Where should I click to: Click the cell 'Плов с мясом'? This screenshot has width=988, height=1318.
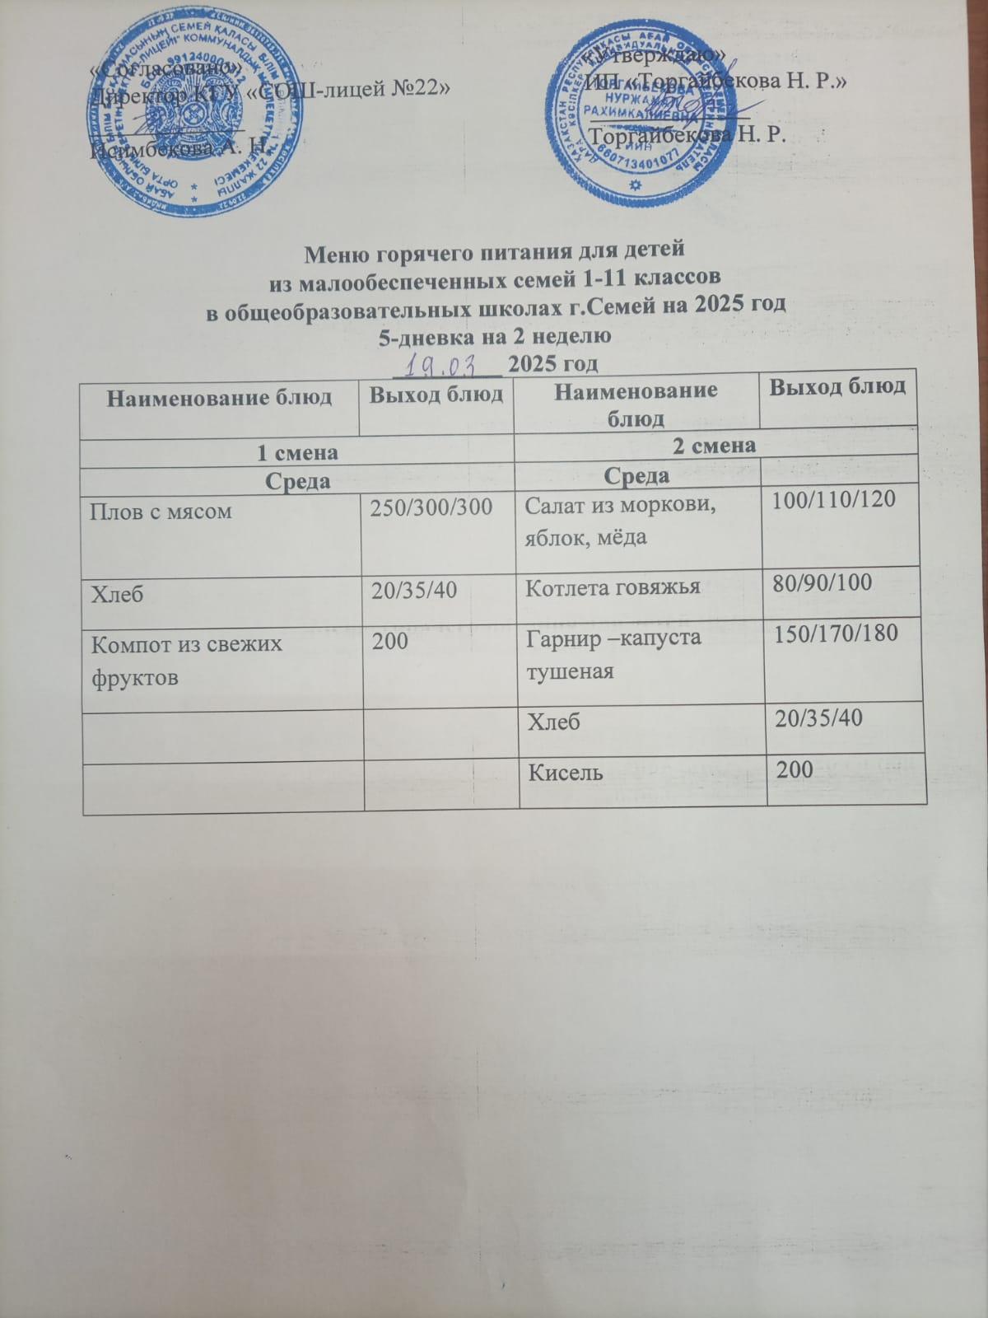[161, 512]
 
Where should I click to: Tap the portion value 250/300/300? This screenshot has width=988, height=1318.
[431, 508]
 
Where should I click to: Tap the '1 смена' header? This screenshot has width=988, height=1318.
[297, 452]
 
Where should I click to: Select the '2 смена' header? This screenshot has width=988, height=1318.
[715, 446]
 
